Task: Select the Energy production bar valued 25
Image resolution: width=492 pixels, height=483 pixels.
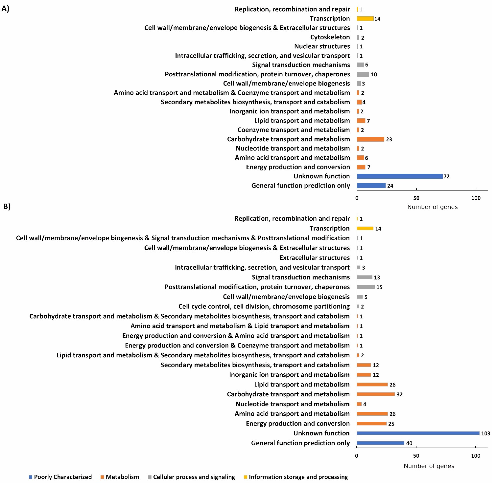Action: coord(371,423)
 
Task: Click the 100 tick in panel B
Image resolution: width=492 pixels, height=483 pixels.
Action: coord(476,456)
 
